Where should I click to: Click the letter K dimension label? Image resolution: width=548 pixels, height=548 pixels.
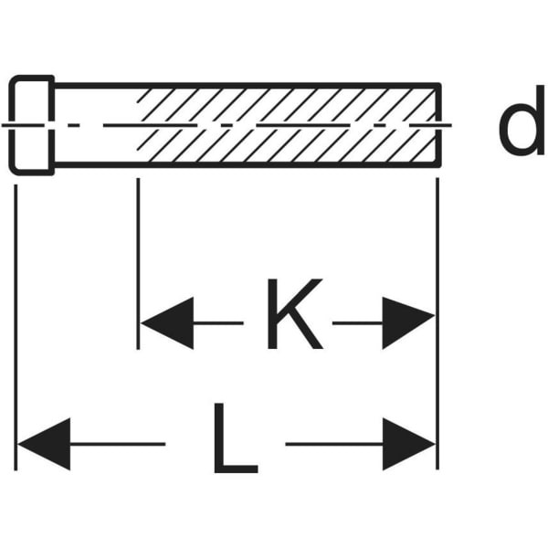295,313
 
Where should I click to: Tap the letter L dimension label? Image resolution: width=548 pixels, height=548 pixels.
236,437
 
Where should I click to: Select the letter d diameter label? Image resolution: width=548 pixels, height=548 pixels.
522,120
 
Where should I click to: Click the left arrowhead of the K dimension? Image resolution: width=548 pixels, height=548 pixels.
167,323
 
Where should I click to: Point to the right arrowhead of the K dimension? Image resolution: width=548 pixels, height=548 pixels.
408,323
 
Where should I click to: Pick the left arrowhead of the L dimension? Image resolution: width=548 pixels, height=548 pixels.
44,444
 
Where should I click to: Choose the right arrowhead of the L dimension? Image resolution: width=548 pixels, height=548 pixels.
409,444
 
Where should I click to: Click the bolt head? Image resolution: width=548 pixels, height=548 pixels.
32,125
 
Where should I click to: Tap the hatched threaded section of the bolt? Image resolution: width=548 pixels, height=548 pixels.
287,125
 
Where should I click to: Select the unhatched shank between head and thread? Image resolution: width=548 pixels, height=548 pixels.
95,125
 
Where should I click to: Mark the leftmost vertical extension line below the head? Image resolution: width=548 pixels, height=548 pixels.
16,328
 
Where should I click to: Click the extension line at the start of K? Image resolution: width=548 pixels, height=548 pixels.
138,264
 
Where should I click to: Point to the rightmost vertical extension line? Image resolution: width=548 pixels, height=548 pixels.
437,323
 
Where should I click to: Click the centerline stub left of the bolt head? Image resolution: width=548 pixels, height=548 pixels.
5,125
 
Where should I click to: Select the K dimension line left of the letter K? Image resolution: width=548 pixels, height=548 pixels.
218,323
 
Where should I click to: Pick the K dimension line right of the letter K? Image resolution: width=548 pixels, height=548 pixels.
357,323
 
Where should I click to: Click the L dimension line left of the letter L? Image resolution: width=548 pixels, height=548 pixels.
118,444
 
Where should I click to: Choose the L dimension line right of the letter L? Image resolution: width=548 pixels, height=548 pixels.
334,444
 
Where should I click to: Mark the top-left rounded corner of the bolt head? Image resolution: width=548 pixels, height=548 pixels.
13,79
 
